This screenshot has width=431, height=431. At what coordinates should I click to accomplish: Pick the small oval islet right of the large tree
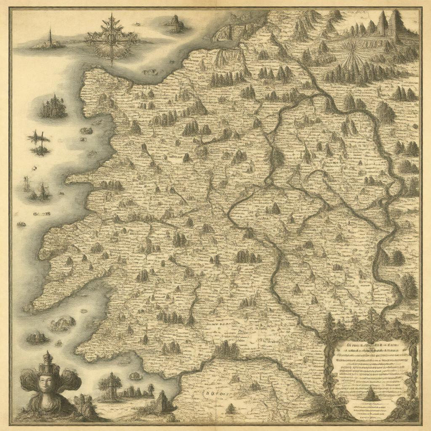coord(135,375)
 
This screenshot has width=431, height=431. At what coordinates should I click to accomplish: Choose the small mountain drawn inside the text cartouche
coord(370,395)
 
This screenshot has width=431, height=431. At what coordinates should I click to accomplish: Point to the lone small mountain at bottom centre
coord(230,408)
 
